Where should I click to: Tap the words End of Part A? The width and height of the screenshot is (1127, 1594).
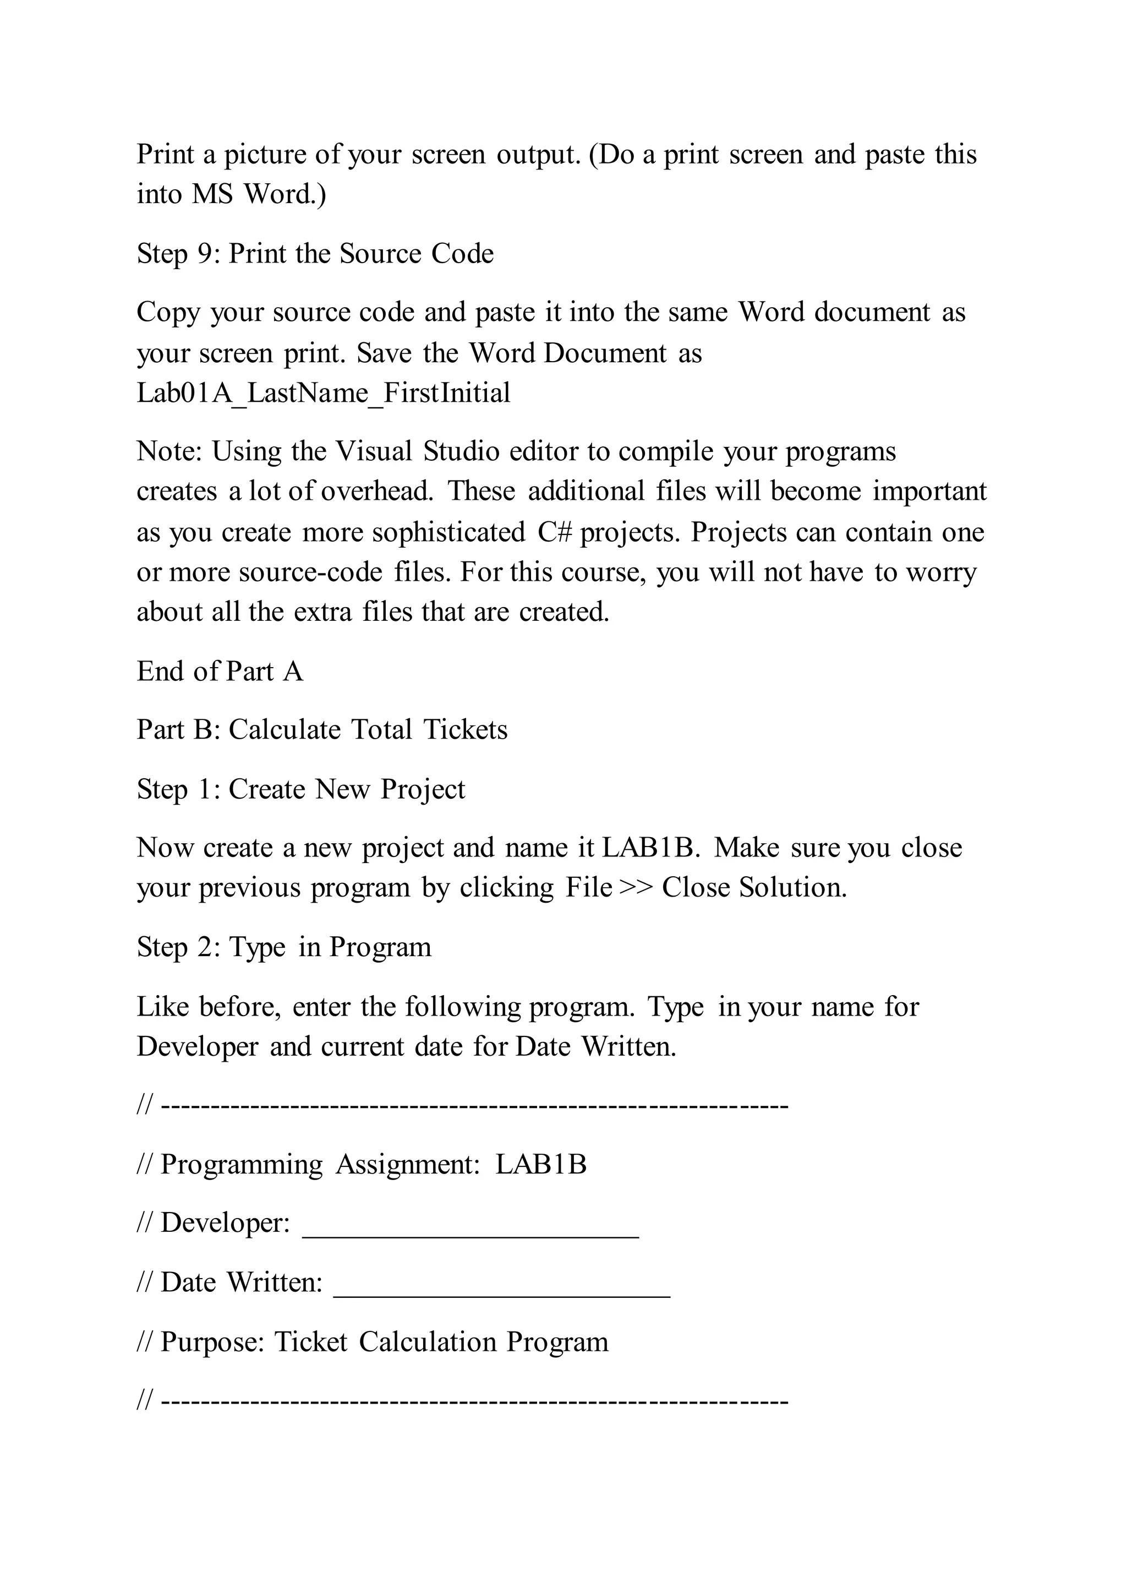pos(220,672)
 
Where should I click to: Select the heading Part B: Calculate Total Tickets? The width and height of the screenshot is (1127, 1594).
pos(322,730)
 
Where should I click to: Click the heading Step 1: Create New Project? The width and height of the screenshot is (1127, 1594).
pos(300,789)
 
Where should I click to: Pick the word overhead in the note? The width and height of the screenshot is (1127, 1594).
pos(377,492)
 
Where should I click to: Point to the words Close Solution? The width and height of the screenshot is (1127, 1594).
pos(754,888)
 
